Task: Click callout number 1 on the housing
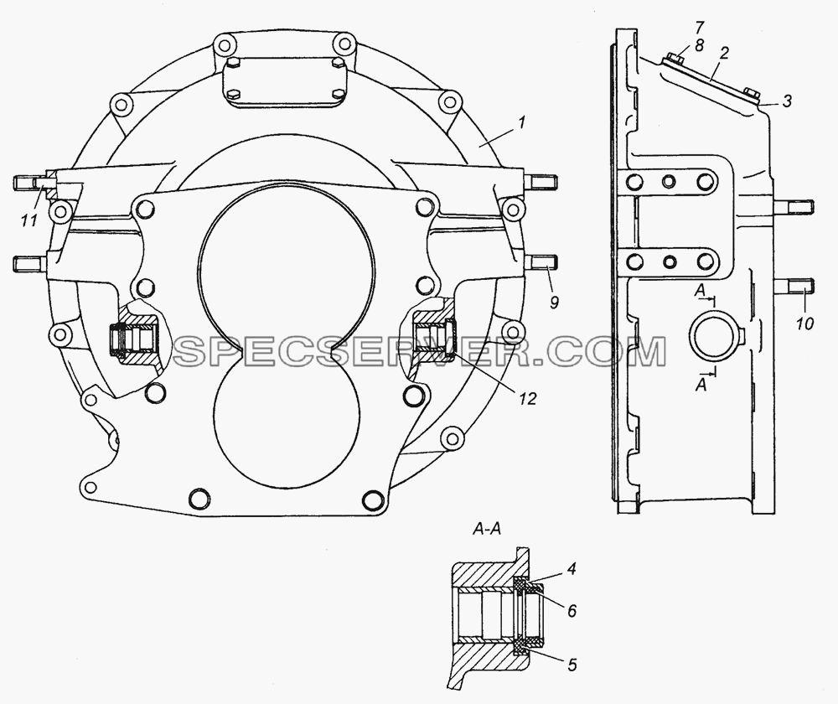click(x=521, y=123)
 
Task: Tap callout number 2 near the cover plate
click(x=724, y=54)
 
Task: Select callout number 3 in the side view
click(x=786, y=101)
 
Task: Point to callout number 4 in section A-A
click(x=572, y=569)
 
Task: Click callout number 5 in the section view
click(x=572, y=665)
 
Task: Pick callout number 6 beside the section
click(x=572, y=610)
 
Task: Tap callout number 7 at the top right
click(x=685, y=28)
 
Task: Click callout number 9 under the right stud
click(x=554, y=302)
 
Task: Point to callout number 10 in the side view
click(x=805, y=323)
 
